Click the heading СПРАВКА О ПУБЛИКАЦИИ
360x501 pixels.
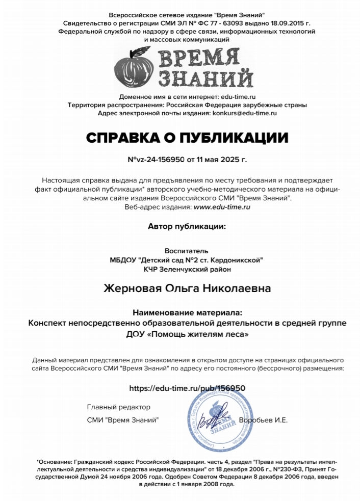point(187,138)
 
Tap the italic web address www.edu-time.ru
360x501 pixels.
point(222,207)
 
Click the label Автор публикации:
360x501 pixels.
point(186,226)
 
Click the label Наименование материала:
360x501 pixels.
point(187,312)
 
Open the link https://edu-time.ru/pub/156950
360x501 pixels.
point(187,388)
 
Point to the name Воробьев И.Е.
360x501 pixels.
point(263,420)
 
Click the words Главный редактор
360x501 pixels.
point(119,407)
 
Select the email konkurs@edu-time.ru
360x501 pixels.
point(244,113)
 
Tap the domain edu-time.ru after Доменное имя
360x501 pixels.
point(238,96)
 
